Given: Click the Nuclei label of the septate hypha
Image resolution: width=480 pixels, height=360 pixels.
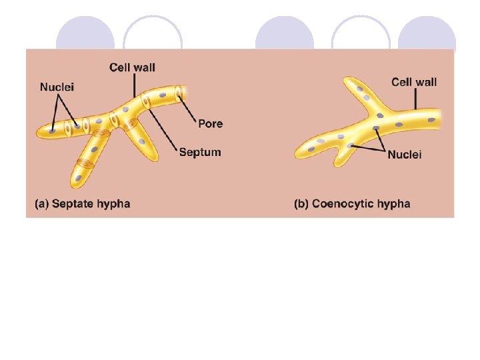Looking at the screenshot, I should [57, 87].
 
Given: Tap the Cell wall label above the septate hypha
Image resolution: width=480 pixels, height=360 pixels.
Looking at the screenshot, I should [133, 67].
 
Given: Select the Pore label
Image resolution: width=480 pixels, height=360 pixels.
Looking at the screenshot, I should [210, 123].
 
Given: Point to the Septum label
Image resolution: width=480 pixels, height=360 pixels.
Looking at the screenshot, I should [200, 152].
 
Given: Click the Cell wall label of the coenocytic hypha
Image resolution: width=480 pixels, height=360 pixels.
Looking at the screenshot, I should [414, 82].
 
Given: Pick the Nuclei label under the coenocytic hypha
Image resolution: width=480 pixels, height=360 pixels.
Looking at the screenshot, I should [405, 154].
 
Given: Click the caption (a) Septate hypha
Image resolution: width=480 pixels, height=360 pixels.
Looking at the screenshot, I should [82, 203].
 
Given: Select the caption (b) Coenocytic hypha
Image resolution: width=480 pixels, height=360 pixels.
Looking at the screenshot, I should [352, 203].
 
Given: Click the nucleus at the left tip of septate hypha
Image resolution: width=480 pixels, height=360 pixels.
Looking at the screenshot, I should [53, 131].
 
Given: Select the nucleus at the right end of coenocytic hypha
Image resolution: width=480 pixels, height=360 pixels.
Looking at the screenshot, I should [431, 120].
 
